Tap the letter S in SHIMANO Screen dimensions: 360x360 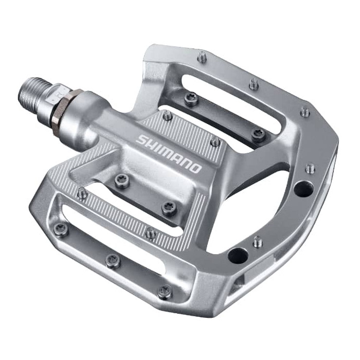pyautogui.click(x=140, y=139)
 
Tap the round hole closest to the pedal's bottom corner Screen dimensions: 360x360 pyautogui.click(x=238, y=254)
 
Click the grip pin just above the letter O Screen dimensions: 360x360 pyautogui.click(x=215, y=141)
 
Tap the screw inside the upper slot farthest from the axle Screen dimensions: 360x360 pyautogui.click(x=259, y=135)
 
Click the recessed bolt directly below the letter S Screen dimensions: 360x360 pyautogui.click(x=121, y=180)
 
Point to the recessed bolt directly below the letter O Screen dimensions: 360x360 pyautogui.click(x=169, y=207)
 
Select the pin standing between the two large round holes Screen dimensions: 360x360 pyautogui.click(x=258, y=241)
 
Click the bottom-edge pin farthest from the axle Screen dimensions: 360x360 pyautogui.click(x=165, y=292)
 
